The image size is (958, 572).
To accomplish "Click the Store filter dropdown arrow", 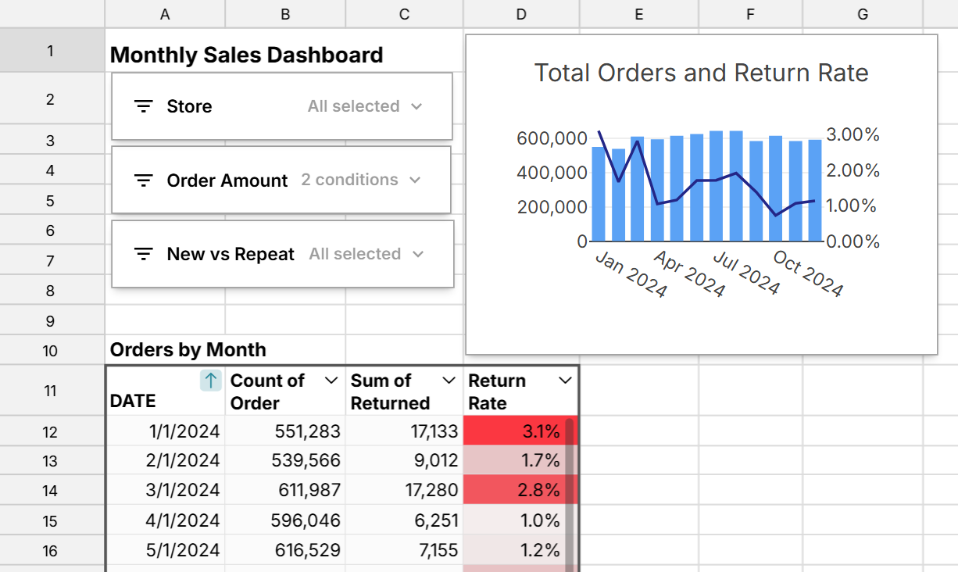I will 416,106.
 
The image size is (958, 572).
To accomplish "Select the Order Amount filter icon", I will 143,181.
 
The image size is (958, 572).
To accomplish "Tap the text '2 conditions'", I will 349,180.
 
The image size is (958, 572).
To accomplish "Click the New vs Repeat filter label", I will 231,254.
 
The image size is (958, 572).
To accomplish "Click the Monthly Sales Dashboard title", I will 246,55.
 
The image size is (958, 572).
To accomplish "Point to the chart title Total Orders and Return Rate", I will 701,73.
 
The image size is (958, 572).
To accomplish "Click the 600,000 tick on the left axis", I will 552,138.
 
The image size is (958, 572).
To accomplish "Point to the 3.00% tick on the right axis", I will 853,134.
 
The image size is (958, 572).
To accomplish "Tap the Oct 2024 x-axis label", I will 807,274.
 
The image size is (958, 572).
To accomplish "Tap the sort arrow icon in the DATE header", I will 210,381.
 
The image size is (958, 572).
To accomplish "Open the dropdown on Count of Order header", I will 331,381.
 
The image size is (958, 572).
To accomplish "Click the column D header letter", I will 521,13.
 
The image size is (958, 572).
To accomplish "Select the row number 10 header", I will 51,350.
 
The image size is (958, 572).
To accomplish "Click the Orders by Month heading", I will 188,350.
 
